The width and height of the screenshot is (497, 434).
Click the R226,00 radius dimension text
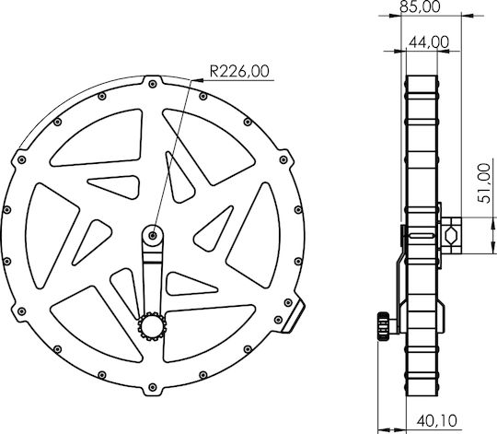(x=239, y=71)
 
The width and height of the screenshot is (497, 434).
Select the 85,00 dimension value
(x=420, y=6)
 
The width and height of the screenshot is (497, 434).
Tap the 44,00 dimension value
(x=429, y=42)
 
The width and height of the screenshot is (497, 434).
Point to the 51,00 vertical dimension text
(x=484, y=183)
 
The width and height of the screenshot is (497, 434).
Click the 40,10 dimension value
(x=437, y=421)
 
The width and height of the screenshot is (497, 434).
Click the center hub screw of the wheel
(x=153, y=235)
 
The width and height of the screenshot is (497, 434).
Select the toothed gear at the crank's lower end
(x=152, y=326)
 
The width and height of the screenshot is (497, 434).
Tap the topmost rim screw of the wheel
(x=153, y=84)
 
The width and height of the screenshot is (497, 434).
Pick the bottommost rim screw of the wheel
(x=153, y=387)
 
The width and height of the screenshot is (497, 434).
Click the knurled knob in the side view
(x=383, y=326)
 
